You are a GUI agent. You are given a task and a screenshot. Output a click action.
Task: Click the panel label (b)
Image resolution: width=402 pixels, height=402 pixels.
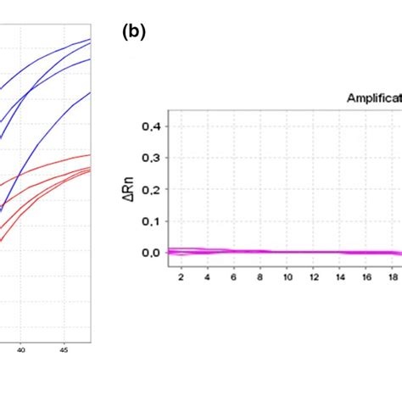coord(134,32)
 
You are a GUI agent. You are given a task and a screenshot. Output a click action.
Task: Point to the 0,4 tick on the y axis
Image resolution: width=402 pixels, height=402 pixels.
coord(151,126)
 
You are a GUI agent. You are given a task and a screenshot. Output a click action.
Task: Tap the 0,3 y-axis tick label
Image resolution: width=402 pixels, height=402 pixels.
coord(151,158)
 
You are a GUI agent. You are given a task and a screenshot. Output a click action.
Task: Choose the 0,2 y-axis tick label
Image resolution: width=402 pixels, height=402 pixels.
coord(151,189)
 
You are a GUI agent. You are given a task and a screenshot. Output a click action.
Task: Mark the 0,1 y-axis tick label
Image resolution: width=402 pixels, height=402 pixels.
coord(151,221)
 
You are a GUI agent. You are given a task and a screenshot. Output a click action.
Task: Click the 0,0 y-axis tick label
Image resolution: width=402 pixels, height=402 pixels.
coord(151,252)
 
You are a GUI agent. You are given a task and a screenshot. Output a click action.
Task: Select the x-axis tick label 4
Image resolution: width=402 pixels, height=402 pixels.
coord(208,277)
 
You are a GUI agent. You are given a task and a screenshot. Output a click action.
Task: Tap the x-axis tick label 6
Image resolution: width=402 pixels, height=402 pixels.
coord(235,277)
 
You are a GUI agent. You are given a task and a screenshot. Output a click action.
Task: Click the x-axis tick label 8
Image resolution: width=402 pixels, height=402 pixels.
coord(261,277)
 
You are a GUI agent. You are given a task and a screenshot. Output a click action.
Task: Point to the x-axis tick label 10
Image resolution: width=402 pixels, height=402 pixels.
coord(288,277)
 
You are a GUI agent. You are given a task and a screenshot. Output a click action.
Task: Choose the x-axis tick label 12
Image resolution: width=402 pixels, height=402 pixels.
coord(314,277)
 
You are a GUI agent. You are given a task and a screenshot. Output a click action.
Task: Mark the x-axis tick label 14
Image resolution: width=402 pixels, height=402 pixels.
coord(340,277)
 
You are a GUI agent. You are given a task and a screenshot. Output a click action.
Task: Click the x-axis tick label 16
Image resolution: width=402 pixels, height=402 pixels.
coord(366,277)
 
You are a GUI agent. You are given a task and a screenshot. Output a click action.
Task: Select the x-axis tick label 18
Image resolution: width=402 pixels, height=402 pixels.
coord(393,277)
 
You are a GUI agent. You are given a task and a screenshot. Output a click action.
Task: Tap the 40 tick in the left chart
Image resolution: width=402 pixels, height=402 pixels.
coord(22,349)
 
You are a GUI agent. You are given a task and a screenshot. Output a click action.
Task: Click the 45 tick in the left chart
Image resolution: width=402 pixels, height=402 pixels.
coord(64,349)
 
